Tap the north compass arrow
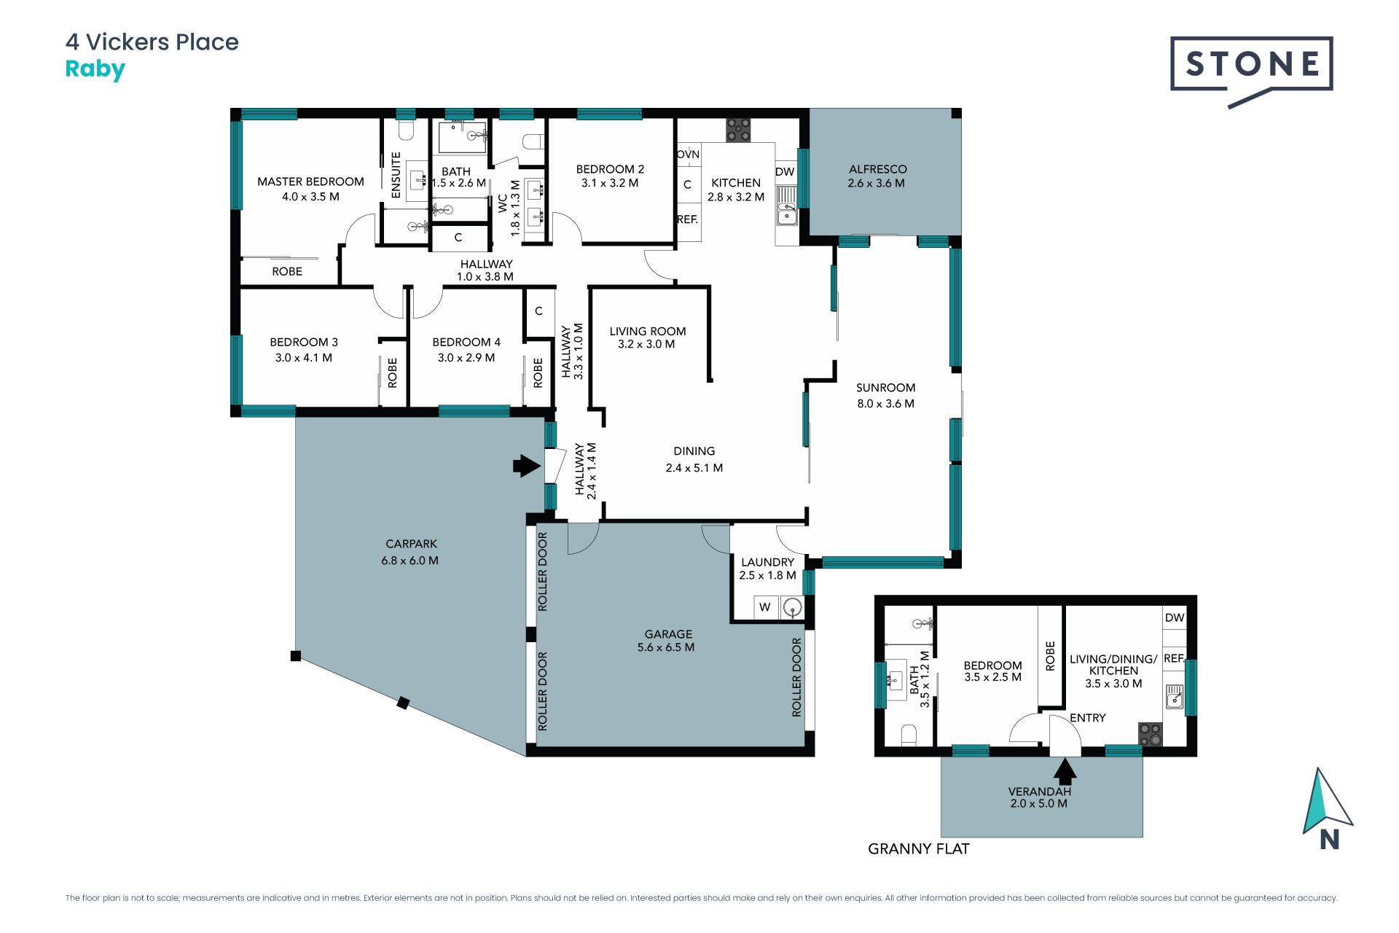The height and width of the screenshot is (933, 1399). pos(1327,801)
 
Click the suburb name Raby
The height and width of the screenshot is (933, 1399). pos(95,70)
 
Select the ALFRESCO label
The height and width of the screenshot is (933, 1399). pos(877,169)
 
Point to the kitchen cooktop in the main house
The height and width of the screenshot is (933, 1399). pos(738,130)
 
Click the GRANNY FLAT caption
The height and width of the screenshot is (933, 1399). pos(918,848)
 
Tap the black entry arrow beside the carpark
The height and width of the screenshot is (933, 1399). pos(527,465)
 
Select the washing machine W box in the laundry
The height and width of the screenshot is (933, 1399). pos(764,606)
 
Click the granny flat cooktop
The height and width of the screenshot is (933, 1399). pos(1151,734)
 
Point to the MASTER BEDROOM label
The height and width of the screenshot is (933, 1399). pos(310,181)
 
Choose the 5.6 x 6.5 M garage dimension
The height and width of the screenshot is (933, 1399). pos(666,647)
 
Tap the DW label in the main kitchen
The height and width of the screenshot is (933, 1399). pos(785,172)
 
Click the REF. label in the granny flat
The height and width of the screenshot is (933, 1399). pos(1174,658)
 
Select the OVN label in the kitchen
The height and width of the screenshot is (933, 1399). pos(688,155)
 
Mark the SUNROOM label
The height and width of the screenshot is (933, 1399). pos(885,388)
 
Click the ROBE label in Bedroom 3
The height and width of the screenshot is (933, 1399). pos(392,372)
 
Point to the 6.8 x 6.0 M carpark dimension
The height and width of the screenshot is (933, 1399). pos(409,561)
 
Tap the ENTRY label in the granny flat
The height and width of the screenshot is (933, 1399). pos(1088,718)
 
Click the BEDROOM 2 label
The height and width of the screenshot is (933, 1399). pos(610,169)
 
